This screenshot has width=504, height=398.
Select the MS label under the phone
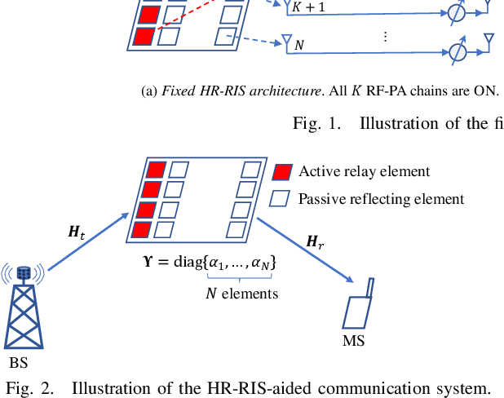(353, 338)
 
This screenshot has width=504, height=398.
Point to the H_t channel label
(76, 233)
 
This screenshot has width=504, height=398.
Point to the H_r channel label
(314, 241)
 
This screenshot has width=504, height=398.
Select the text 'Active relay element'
(364, 171)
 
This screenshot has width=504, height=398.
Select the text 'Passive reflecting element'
(381, 198)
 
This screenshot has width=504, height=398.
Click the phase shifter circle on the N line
(458, 51)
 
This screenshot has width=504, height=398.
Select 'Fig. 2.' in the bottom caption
(29, 387)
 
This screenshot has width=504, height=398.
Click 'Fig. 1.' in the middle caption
(315, 123)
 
